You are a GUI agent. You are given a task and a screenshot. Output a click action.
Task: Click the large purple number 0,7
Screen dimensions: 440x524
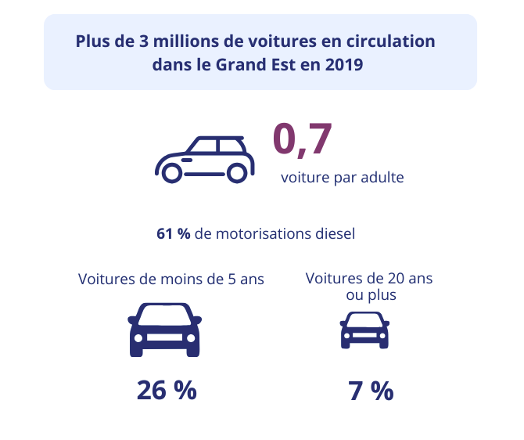[303, 138]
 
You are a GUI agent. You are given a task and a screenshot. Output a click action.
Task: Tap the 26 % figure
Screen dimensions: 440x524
[167, 390]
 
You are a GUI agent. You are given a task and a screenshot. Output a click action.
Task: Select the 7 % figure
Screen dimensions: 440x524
[371, 391]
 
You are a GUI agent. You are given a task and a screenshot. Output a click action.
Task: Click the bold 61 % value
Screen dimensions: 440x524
[173, 233]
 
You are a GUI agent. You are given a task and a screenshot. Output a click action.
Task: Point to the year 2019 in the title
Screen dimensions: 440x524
[342, 65]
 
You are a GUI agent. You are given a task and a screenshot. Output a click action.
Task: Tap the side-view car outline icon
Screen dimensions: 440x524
[206, 160]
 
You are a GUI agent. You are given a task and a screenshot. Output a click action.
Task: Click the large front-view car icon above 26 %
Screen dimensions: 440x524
[164, 330]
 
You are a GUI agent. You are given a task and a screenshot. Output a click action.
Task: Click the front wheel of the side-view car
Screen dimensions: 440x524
[173, 173]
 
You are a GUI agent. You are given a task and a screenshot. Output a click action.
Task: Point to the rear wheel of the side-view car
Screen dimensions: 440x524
[236, 173]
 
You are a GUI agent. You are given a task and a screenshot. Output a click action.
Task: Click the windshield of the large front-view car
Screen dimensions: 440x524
[164, 315]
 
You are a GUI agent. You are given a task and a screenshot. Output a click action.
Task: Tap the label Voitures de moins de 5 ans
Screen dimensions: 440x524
[171, 280]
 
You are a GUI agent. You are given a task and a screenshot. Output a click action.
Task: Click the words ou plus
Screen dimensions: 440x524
[371, 295]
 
